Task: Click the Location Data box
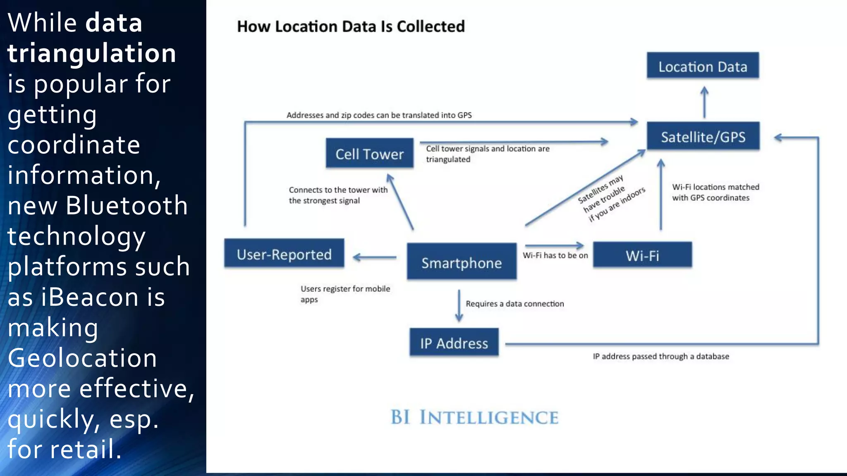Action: tap(703, 66)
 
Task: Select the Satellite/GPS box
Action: tap(703, 136)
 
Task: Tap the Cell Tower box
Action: tap(369, 154)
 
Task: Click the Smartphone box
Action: tap(462, 262)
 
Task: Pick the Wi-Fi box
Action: tap(642, 255)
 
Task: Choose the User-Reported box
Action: tap(284, 254)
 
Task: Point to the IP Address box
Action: tap(454, 343)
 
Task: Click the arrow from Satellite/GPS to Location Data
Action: tap(704, 102)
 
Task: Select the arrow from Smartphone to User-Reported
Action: tap(375, 257)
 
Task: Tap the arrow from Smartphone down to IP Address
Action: tap(459, 306)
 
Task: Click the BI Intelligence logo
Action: tap(474, 417)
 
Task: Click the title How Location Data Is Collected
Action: tap(351, 26)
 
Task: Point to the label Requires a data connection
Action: tap(514, 304)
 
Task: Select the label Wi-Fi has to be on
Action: tap(555, 255)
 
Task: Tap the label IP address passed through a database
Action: tap(660, 356)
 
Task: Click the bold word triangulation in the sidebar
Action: tap(92, 53)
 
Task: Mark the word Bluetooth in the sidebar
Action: tap(127, 205)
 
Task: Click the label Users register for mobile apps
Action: tap(345, 294)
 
